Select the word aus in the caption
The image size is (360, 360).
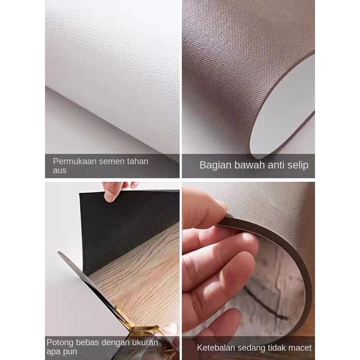[60, 171]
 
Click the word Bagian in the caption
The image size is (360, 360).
[215, 165]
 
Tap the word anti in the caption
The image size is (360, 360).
[276, 165]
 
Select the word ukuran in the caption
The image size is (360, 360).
[145, 342]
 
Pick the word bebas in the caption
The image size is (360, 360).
[87, 342]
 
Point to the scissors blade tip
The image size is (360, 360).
[59, 252]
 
